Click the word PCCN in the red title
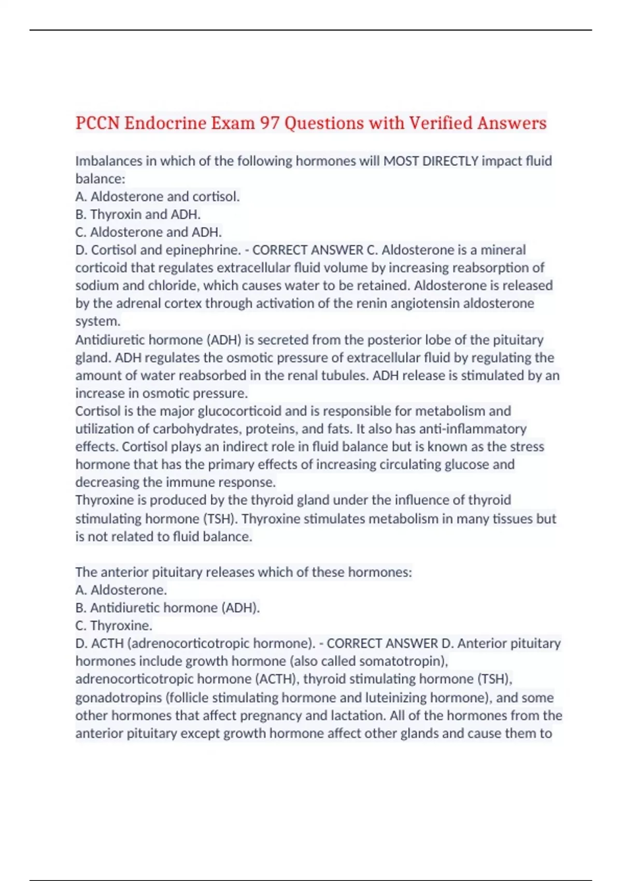click(97, 123)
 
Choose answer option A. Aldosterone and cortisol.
click(158, 197)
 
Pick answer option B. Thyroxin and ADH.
click(138, 215)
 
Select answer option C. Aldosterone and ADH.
click(148, 232)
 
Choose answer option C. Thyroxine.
click(114, 626)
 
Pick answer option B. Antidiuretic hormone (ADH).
click(167, 608)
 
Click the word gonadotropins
click(119, 698)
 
